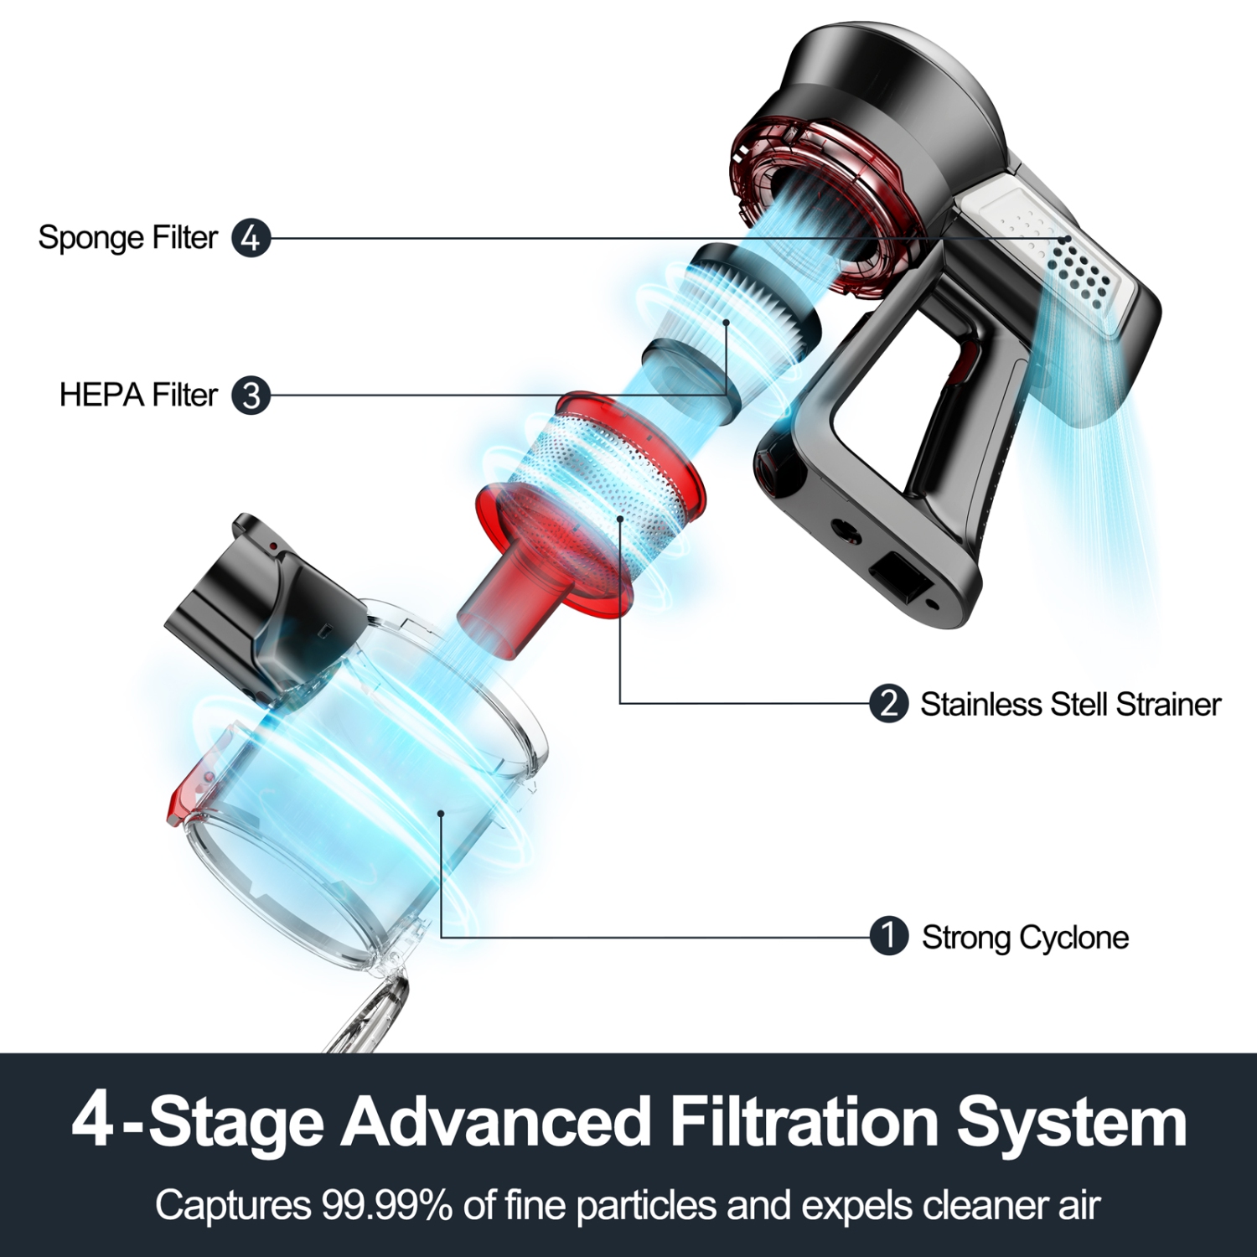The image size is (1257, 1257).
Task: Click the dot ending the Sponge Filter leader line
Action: (x=1064, y=240)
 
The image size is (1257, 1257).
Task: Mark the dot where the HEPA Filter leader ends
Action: (x=727, y=322)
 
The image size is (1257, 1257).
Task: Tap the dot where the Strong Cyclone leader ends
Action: (x=441, y=813)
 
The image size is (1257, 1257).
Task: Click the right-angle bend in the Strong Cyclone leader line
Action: (x=441, y=937)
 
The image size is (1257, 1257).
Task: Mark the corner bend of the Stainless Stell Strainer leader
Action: (x=620, y=703)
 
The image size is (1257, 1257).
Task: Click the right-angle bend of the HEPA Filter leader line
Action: (x=727, y=395)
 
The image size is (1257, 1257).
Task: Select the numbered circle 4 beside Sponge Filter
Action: (x=251, y=239)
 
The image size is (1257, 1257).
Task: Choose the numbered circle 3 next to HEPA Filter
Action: (x=251, y=395)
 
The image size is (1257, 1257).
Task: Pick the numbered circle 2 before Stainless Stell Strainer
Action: (x=889, y=703)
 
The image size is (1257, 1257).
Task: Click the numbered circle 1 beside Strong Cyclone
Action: (x=889, y=937)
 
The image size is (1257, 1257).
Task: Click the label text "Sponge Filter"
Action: (x=128, y=238)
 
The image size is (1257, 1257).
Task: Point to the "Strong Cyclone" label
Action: (x=1025, y=938)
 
